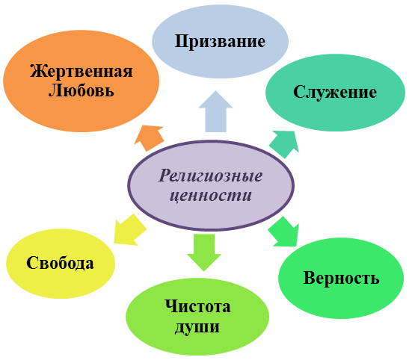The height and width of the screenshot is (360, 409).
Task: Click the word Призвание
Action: point(220,42)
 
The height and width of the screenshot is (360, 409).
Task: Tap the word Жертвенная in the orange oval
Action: point(82,71)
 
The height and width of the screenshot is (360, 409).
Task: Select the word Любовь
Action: point(82,90)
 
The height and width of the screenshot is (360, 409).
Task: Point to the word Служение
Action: point(335,93)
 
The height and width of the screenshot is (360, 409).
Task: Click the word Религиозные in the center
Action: point(210,176)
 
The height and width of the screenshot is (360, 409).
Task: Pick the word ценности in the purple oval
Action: point(211,196)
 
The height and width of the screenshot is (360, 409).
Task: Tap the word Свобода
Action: point(60,263)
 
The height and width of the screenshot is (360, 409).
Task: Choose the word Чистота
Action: point(197,306)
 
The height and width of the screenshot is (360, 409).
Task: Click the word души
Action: point(197,326)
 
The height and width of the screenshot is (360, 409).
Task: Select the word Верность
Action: point(341,278)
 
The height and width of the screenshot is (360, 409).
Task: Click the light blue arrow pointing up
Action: point(215,112)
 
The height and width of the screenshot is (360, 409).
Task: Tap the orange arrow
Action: point(150,137)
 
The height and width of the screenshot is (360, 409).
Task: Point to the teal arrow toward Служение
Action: point(284,144)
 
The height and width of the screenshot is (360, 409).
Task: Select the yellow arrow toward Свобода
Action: point(129,231)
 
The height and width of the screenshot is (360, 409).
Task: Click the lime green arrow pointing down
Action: point(204,252)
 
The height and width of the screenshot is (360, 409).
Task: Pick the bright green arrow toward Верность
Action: point(284,232)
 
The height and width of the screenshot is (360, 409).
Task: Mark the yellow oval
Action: point(61,264)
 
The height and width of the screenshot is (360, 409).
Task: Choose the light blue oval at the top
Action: point(220,41)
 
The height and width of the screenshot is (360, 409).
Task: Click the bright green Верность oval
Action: point(341,278)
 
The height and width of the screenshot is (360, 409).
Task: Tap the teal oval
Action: point(335,93)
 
